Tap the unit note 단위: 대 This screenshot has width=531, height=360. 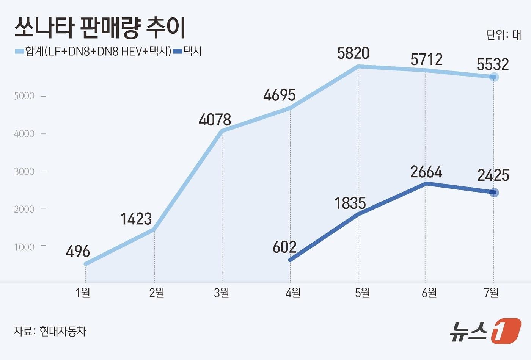[503, 35]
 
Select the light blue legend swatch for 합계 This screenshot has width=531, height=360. [19, 51]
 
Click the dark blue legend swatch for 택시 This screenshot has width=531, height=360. [178, 51]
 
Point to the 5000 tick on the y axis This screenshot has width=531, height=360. [24, 96]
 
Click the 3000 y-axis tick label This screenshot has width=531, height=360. [24, 171]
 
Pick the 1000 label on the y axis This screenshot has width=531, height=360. [24, 247]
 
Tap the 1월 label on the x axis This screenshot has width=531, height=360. [83, 293]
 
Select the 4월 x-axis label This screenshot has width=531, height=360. [293, 293]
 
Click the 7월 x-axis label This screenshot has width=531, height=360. [492, 293]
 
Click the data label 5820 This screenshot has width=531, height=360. [353, 53]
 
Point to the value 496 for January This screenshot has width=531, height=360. [78, 252]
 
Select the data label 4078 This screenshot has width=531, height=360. [215, 120]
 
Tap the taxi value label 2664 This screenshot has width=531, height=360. [426, 172]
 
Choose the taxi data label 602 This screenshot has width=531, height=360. [284, 247]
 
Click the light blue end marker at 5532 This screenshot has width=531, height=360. [493, 77]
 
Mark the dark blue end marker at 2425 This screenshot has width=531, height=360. [493, 193]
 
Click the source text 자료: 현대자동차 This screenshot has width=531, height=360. [50, 331]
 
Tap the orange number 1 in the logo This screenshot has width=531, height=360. [506, 331]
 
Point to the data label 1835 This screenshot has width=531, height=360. [350, 203]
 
